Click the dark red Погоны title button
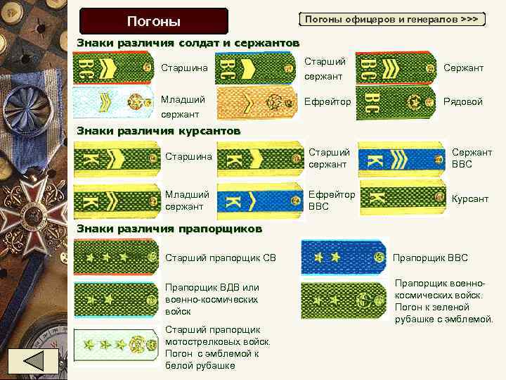pos(153,21)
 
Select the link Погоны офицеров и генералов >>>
pos(392,19)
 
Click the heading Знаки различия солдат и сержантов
pos(188,43)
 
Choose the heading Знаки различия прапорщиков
pos(169,229)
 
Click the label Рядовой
pos(463,102)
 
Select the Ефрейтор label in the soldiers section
pos(327,102)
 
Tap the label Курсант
pos(469,199)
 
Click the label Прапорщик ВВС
pos(430,258)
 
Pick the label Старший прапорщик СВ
pos(220,258)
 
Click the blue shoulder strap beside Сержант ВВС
pos(402,159)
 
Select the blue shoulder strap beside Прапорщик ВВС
pos(344,257)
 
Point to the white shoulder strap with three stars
pos(117,345)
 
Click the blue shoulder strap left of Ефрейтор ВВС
pos(260,199)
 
